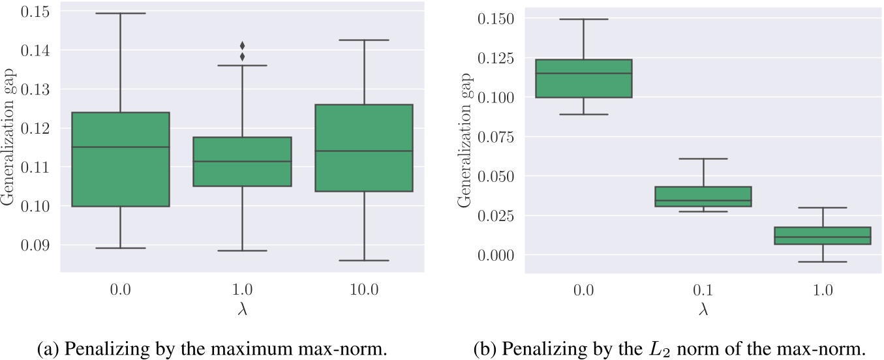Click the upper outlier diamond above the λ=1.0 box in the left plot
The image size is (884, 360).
pyautogui.click(x=242, y=46)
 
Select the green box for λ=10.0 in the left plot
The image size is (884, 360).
pyautogui.click(x=364, y=147)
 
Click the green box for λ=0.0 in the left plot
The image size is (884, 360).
pyautogui.click(x=121, y=159)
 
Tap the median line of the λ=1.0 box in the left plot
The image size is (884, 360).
pyautogui.click(x=242, y=161)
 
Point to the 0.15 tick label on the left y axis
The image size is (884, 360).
pyautogui.click(x=37, y=11)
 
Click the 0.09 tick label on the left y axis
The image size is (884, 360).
pyautogui.click(x=37, y=245)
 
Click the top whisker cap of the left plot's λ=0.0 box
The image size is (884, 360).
pyautogui.click(x=121, y=13)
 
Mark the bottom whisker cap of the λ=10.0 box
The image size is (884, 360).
pyautogui.click(x=364, y=260)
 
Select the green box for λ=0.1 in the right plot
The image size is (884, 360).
pyautogui.click(x=703, y=196)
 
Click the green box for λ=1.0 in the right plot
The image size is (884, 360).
pyautogui.click(x=823, y=235)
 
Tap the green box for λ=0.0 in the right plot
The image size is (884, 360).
pyautogui.click(x=583, y=78)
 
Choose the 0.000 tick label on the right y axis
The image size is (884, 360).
pyautogui.click(x=496, y=254)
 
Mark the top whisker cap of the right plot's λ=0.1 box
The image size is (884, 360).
pyautogui.click(x=703, y=158)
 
